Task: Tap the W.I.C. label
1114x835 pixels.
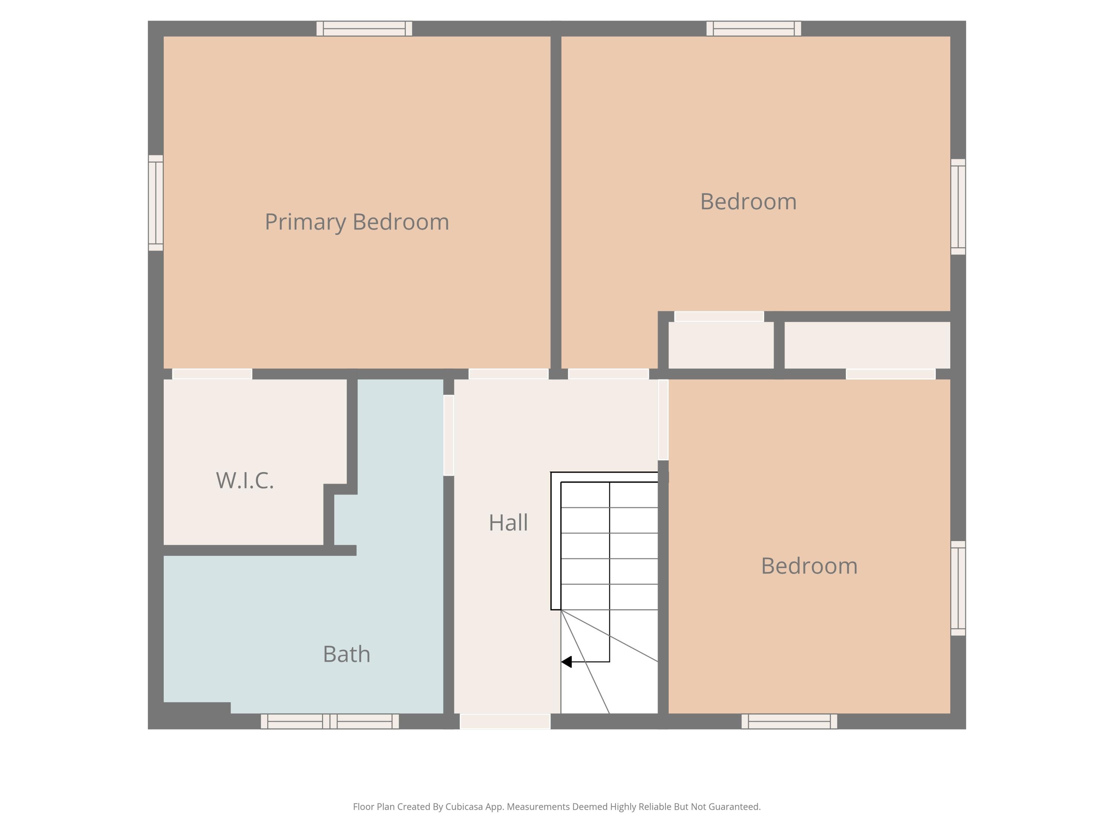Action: tap(245, 480)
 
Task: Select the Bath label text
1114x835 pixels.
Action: tap(346, 654)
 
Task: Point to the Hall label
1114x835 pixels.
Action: tap(508, 523)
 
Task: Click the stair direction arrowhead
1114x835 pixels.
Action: tap(567, 662)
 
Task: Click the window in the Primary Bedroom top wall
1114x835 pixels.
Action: tap(364, 29)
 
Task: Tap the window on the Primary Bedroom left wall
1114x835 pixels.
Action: tap(156, 203)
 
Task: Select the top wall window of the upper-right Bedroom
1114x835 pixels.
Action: tap(753, 29)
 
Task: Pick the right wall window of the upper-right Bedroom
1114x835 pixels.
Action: tap(958, 207)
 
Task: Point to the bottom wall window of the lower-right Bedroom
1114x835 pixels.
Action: tap(789, 721)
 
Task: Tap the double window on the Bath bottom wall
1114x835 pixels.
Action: tap(330, 721)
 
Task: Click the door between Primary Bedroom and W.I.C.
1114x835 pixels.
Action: tap(212, 374)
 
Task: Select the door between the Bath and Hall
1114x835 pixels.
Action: tap(449, 435)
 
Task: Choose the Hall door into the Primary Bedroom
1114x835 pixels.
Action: tap(508, 374)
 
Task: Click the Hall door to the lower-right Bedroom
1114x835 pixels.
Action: tap(663, 420)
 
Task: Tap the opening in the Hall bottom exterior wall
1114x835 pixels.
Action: tap(505, 721)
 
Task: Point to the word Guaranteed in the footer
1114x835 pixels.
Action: tap(735, 807)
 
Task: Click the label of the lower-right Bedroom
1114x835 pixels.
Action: tap(809, 566)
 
